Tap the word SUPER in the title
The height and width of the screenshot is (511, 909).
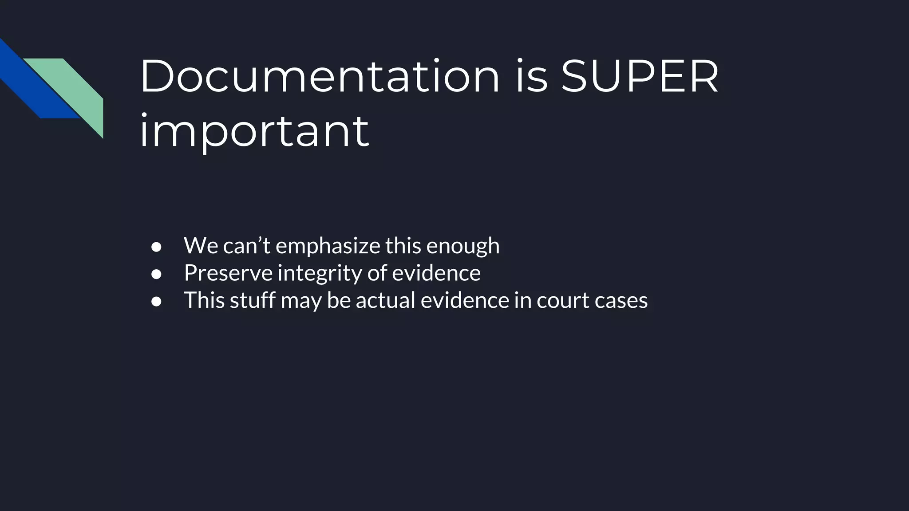tap(640, 76)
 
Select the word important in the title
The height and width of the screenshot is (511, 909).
tap(254, 131)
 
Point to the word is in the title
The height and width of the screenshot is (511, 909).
tap(531, 76)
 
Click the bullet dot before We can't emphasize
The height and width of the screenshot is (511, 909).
tap(156, 247)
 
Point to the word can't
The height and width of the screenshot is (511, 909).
tap(246, 246)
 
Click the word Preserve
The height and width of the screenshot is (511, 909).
tap(228, 273)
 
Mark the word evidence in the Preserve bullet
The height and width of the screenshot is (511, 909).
tap(436, 273)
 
